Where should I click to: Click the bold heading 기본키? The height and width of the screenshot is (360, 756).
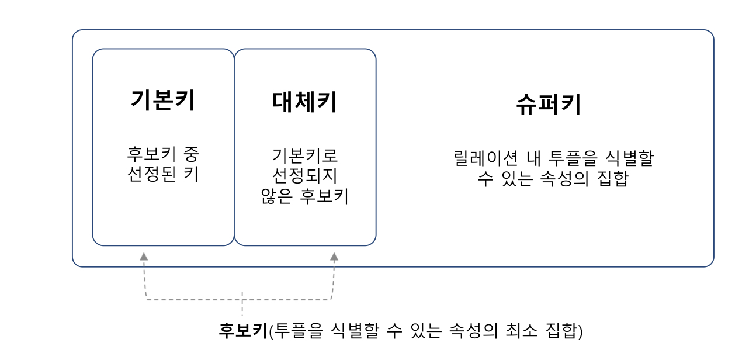tap(162, 101)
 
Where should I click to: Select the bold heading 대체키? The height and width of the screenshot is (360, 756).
tap(304, 102)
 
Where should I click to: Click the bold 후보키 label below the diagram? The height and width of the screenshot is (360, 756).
tap(242, 331)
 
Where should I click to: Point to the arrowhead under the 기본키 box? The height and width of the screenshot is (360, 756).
tap(144, 256)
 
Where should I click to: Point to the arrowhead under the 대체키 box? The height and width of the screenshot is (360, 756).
tap(334, 256)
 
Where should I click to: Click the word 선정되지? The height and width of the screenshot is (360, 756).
tap(304, 175)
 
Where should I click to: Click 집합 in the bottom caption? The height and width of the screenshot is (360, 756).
tap(564, 331)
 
